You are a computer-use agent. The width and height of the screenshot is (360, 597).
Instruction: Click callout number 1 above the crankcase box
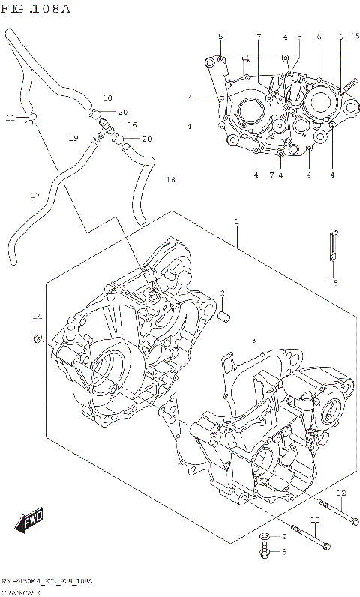[x=236, y=222]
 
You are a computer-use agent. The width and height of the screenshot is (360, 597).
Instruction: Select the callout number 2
[x=223, y=292]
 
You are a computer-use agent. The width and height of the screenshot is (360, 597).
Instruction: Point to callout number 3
[x=253, y=340]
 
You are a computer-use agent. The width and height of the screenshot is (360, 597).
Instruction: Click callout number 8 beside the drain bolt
[x=283, y=553]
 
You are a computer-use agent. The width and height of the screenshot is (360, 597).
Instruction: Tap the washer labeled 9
[x=265, y=537]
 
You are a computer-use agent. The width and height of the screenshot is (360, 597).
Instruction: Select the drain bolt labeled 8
[x=265, y=553]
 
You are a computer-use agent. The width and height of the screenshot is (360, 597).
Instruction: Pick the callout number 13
[x=315, y=520]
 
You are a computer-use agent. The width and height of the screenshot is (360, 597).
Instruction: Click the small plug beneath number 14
[x=36, y=340]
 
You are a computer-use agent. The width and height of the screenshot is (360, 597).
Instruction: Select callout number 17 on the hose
[x=34, y=196]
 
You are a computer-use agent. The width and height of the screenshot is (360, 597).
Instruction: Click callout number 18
[x=170, y=180]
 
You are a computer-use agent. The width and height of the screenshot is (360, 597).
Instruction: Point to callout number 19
[x=73, y=139]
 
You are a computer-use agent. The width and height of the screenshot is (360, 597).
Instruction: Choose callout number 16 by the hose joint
[x=132, y=124]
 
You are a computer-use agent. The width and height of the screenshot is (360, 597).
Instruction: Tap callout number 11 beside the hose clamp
[x=10, y=118]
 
